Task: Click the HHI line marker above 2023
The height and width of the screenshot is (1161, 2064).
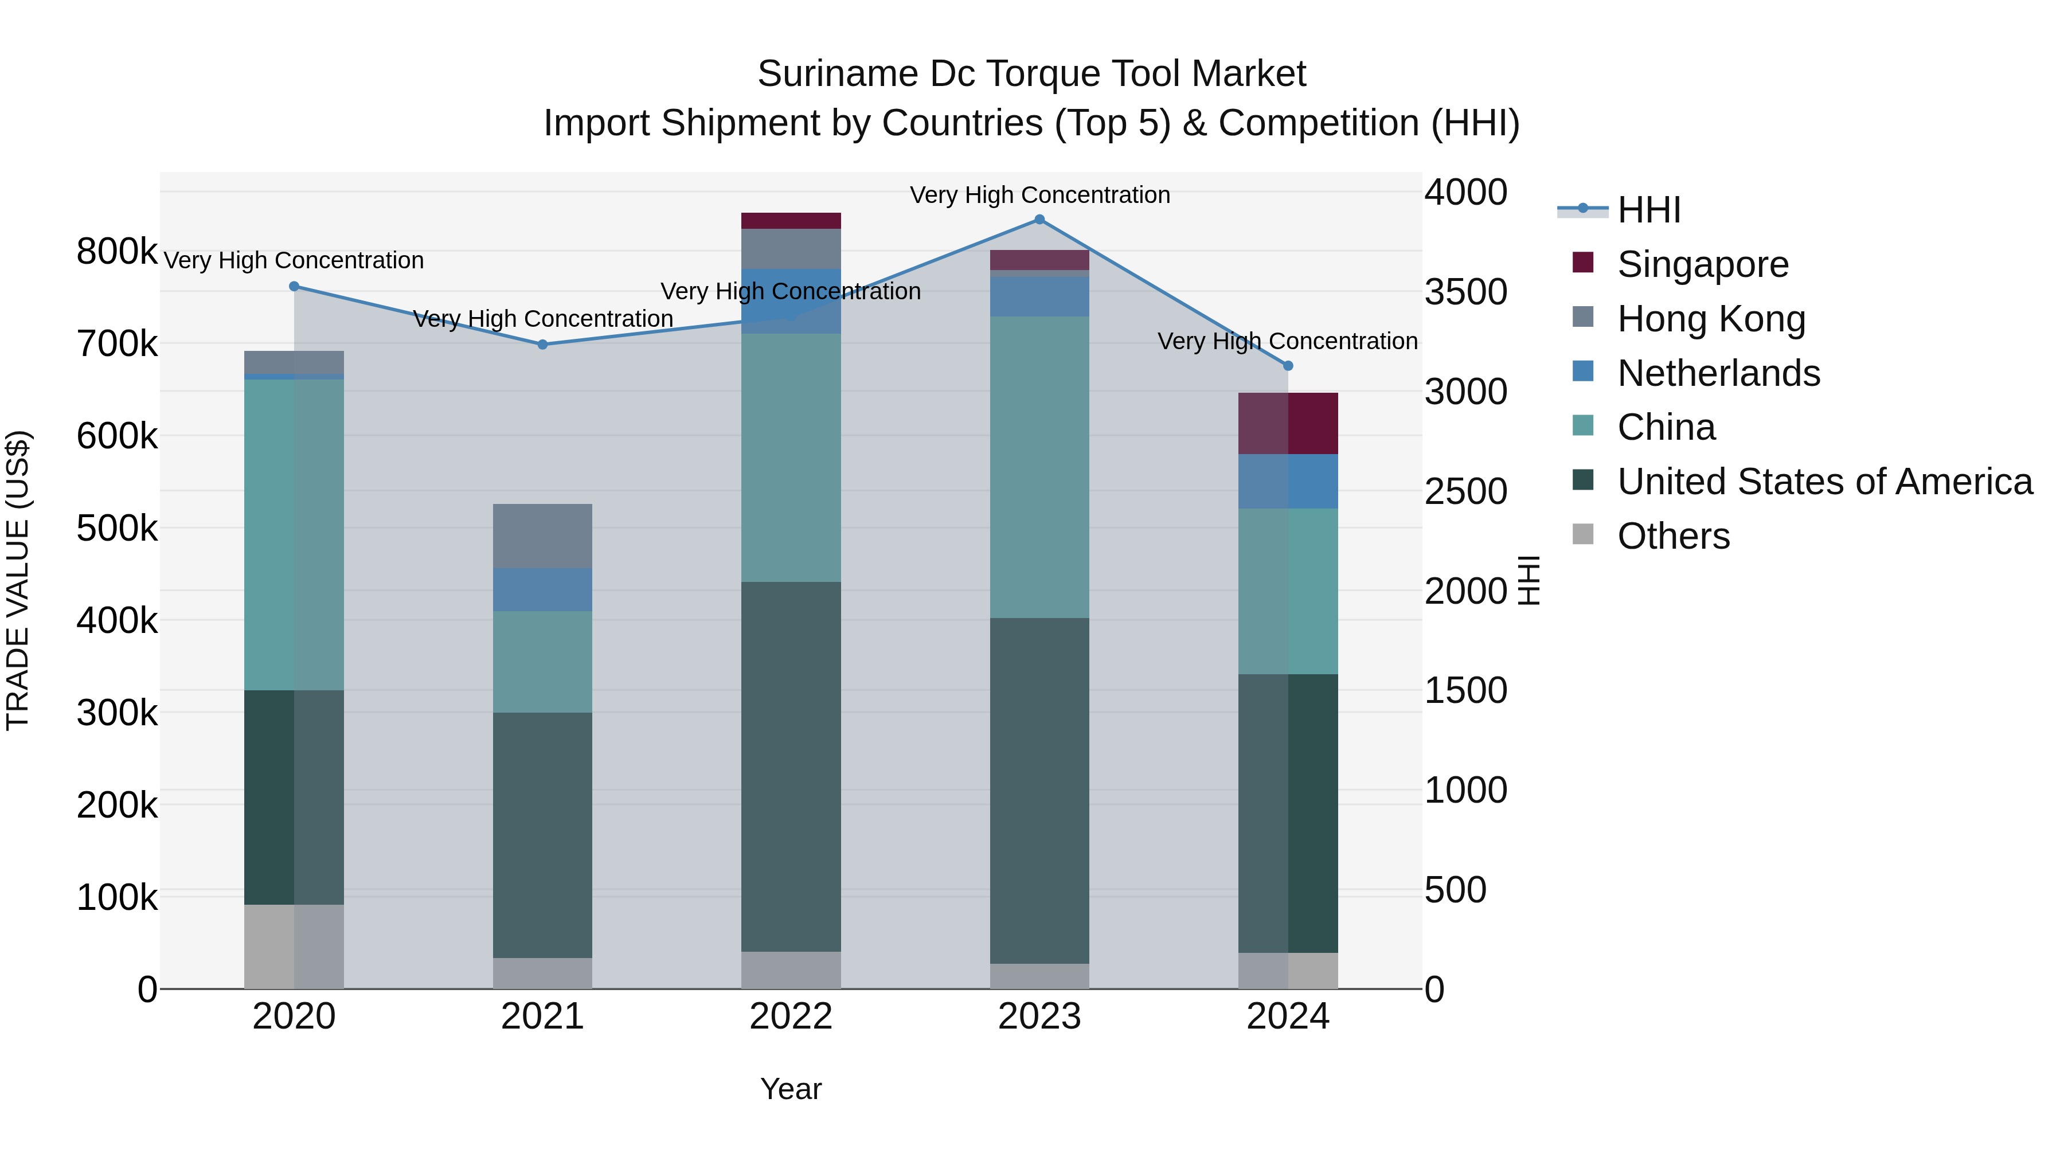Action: pos(1039,220)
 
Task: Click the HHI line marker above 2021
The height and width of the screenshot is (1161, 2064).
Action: pos(542,345)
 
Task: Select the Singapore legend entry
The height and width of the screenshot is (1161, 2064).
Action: pos(1703,264)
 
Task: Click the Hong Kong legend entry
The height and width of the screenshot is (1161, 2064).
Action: pos(1711,318)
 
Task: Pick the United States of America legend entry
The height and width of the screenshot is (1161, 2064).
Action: pos(1824,482)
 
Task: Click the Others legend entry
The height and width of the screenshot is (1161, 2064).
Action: pos(1673,536)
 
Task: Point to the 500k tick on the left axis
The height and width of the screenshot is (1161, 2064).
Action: pos(117,528)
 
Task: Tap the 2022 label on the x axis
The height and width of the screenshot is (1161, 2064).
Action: pos(791,1017)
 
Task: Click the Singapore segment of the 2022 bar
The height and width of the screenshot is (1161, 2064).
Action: pos(791,221)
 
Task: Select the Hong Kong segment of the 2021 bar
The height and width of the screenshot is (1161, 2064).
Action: pos(542,535)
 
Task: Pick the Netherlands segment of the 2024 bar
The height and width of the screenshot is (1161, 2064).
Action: pos(1288,481)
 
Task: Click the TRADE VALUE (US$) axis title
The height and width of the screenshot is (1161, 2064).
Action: pos(18,580)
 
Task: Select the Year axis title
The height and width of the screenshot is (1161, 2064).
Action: pos(791,1089)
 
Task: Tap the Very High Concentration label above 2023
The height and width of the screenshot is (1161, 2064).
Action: pos(1039,195)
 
